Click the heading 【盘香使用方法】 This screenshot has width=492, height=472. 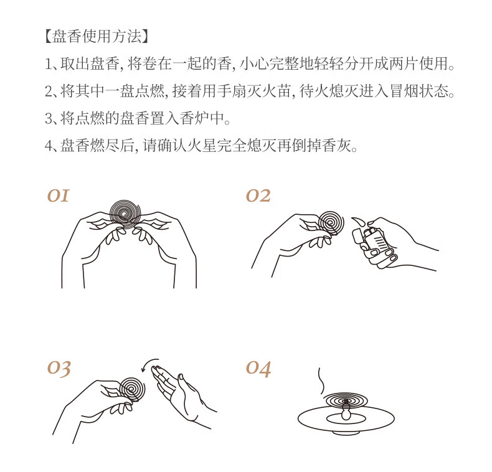pos(97,36)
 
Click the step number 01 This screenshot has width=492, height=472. pos(58,196)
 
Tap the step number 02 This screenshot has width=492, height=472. pos(258,196)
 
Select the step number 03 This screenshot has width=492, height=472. pos(59,369)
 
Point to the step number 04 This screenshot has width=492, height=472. pos(258,369)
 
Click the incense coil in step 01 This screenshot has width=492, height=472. pos(126,214)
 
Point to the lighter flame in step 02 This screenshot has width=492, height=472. pos(359,222)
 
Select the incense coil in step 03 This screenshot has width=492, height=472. pos(132,389)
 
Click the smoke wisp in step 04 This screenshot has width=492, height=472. pos(321,381)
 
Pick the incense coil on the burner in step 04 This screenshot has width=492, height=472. pos(346,401)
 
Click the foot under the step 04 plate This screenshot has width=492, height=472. pos(346,433)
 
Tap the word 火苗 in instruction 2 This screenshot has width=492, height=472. pos(277,91)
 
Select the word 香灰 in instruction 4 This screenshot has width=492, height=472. pos(337,146)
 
